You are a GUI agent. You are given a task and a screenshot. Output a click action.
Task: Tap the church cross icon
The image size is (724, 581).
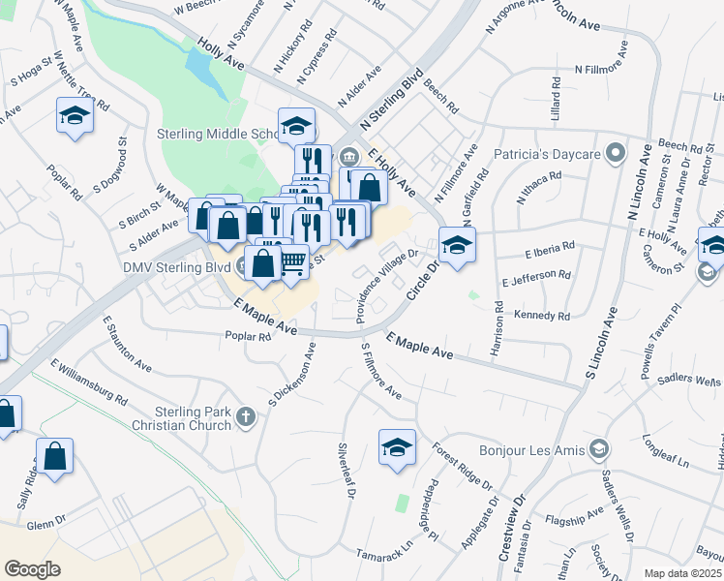click(246, 417)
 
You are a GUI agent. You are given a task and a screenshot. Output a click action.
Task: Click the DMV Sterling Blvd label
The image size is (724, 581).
click(175, 266)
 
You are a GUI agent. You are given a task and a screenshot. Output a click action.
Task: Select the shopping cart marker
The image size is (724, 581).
click(292, 260)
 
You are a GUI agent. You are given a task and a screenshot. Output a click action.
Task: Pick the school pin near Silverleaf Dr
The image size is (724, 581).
click(397, 445)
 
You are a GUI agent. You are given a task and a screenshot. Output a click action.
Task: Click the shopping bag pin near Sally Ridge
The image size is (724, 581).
click(55, 454)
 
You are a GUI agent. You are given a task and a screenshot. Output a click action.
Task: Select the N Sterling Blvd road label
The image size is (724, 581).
click(392, 100)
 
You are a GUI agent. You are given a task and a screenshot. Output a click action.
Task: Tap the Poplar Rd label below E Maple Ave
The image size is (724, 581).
click(250, 337)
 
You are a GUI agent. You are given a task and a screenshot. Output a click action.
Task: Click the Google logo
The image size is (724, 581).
click(32, 569)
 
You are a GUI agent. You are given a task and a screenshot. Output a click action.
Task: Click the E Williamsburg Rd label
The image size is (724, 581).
click(89, 383)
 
